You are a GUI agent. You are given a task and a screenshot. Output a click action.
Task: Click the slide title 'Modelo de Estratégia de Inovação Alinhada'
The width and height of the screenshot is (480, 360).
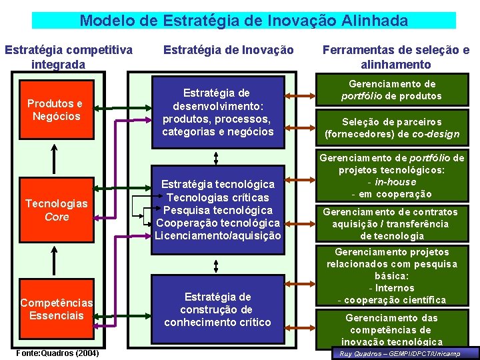point(243,21)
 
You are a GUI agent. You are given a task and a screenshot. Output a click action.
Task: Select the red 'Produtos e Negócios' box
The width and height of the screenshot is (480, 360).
point(54,110)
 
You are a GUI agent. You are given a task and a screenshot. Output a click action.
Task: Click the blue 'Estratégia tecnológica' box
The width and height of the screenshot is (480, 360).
point(217,210)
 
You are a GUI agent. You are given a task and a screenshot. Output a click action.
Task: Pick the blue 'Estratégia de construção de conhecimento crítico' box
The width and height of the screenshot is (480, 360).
point(217,309)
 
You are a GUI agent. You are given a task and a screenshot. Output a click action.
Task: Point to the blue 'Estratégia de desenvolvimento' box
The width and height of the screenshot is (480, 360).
point(217,112)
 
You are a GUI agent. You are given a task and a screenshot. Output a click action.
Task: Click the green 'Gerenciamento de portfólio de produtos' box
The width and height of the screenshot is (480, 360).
point(392,90)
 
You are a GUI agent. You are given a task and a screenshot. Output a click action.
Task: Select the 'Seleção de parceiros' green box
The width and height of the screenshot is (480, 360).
point(392,128)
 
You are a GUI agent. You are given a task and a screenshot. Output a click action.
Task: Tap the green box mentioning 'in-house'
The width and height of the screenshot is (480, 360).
point(392,176)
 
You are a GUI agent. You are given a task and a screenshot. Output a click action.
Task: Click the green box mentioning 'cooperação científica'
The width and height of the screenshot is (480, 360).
point(392,276)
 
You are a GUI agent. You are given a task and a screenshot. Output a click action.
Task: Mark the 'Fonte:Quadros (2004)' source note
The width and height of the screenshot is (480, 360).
point(56,352)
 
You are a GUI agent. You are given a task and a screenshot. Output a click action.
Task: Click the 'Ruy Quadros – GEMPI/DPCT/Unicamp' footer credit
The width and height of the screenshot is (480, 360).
point(405,353)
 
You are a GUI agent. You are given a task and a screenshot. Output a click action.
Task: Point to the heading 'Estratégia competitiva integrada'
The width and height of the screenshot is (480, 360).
point(68,57)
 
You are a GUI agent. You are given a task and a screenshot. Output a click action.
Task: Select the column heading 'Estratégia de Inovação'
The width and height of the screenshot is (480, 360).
point(228,49)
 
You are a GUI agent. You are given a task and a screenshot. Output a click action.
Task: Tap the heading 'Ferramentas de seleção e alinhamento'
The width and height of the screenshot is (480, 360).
point(395,57)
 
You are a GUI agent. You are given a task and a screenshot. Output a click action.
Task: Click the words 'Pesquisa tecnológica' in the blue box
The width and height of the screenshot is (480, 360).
point(217,210)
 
